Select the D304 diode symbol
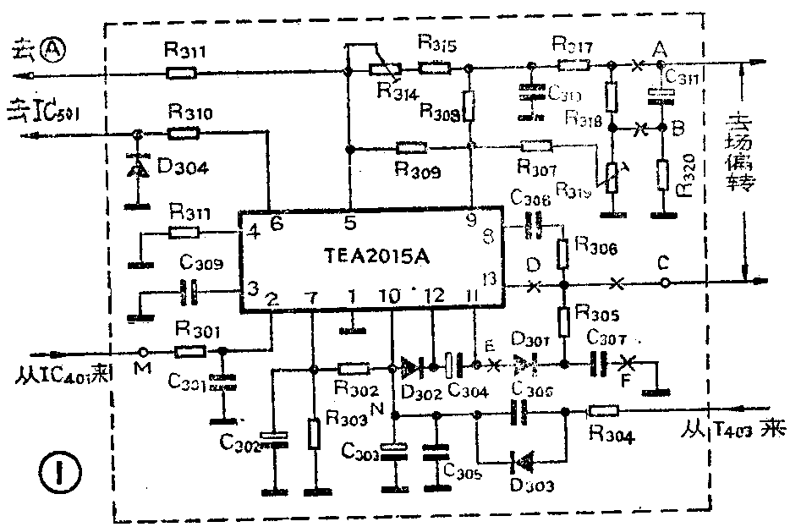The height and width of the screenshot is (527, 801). [x=135, y=167]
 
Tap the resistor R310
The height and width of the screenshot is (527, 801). [x=183, y=133]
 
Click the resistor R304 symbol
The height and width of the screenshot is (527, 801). [x=603, y=411]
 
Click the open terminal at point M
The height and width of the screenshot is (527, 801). [x=145, y=351]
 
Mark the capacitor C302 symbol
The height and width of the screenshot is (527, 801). [x=273, y=437]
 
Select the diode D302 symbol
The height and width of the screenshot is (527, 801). [x=412, y=368]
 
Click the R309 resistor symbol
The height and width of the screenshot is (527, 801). [x=411, y=147]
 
